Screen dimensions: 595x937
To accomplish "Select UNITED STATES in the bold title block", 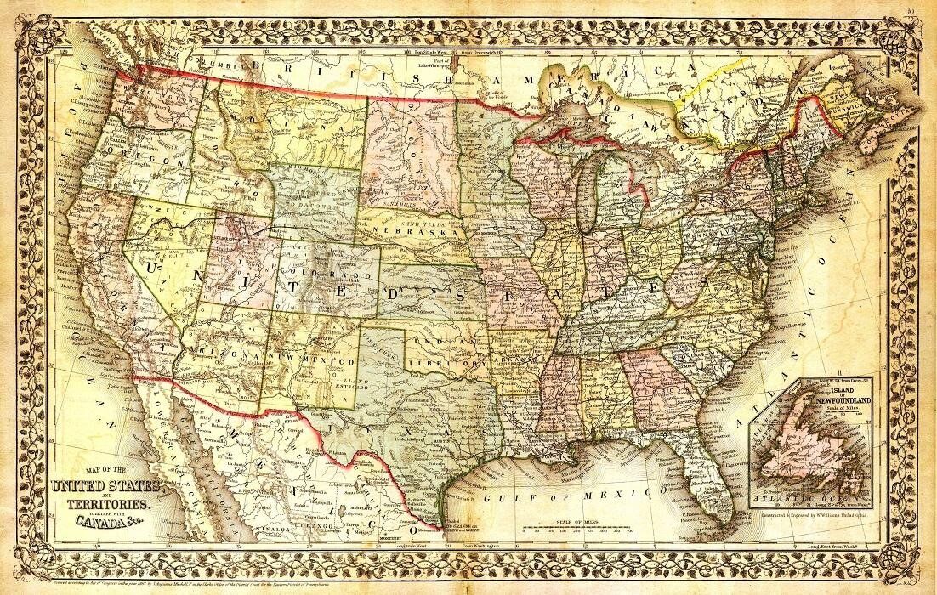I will [106, 487].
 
